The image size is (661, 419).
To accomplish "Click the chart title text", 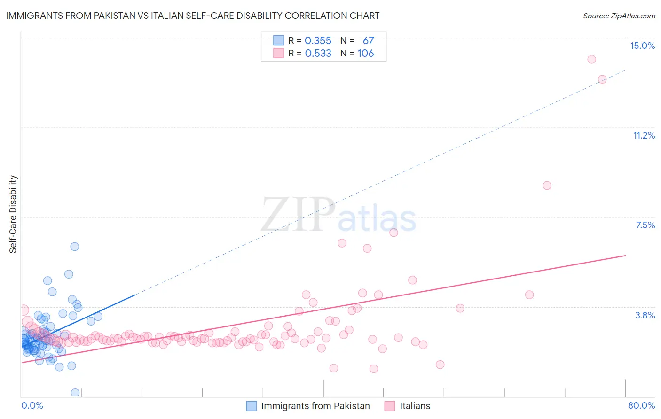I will coord(192,16).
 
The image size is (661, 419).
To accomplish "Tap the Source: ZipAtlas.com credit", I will coord(619,16).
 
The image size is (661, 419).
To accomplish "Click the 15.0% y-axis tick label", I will coord(642,46).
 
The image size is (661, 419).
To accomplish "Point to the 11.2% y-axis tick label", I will coord(644,135).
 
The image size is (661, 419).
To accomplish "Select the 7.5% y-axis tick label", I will coord(645,225).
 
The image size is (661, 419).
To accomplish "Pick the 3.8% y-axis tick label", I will coord(645,315).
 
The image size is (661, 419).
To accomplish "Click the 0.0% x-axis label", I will coord(32,405).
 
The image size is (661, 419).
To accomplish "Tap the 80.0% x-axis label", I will coord(641,405).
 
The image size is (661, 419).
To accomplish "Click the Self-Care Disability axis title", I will coord(13,214).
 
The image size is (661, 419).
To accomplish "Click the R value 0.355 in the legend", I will coord(318,41).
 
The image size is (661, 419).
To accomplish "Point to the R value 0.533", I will coord(318,54).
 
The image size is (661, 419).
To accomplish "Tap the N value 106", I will coord(365,54).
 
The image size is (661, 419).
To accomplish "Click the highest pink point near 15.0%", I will coord(591,59).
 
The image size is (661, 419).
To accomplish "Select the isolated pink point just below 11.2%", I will coord(547,186).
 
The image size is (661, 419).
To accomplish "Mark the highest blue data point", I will coord(74,247).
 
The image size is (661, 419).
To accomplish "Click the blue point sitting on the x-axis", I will coord(75,393).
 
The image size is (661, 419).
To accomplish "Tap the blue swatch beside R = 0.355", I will coord(278,40).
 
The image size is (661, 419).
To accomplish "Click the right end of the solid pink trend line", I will coord(626,256).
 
